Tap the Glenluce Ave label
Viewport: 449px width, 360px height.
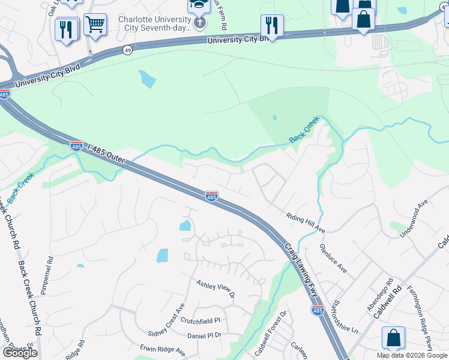click(x=334, y=259)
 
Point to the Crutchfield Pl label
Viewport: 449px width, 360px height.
click(x=201, y=320)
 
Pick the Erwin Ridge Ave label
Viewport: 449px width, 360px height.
click(x=163, y=349)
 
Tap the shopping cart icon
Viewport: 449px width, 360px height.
click(x=95, y=25)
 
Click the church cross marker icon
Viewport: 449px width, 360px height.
click(x=199, y=23)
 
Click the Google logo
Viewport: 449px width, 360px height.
click(x=19, y=353)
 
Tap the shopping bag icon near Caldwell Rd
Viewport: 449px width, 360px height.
click(x=393, y=338)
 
